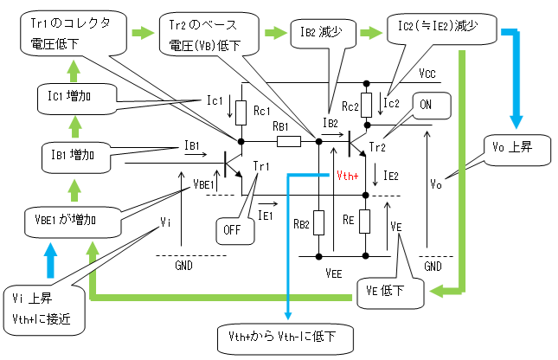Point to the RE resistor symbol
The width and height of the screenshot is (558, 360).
click(x=365, y=222)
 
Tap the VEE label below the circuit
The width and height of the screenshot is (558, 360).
click(x=335, y=271)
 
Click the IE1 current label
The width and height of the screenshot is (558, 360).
click(x=266, y=211)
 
